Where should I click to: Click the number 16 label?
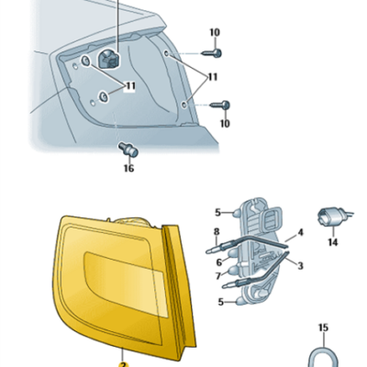click(128, 168)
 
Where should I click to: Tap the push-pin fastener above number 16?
click(128, 150)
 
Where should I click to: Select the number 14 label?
click(333, 242)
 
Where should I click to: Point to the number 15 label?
click(323, 328)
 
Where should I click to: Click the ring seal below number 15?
click(323, 359)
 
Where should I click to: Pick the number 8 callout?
click(217, 231)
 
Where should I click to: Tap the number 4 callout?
click(300, 233)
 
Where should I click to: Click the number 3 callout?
click(300, 266)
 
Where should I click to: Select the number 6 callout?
click(219, 262)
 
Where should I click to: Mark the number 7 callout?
click(218, 276)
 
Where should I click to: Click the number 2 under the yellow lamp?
click(123, 364)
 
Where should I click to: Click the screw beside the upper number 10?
click(212, 53)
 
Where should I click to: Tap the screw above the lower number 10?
click(220, 105)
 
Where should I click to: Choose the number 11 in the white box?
click(130, 86)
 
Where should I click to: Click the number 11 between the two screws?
click(213, 77)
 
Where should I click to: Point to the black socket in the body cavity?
click(108, 59)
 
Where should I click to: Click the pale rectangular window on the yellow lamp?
click(126, 284)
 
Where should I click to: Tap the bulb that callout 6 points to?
click(233, 254)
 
